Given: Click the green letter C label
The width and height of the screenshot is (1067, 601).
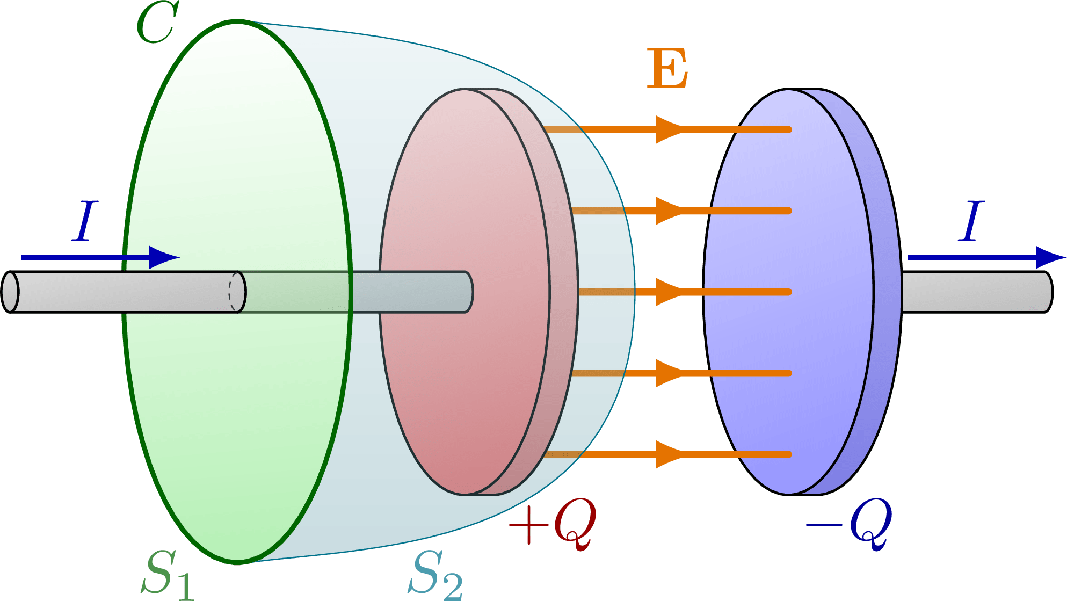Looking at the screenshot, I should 157,23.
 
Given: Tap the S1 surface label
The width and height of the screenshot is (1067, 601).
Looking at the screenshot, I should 166,575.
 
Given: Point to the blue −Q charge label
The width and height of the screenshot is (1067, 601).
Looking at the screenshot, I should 850,524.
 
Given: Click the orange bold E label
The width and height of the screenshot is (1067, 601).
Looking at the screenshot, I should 667,69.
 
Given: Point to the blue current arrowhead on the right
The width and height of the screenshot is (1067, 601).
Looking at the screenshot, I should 1049,257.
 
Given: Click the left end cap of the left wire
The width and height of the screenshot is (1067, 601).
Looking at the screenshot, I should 10,292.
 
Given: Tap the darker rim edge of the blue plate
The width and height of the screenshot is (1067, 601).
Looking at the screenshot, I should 886,292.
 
